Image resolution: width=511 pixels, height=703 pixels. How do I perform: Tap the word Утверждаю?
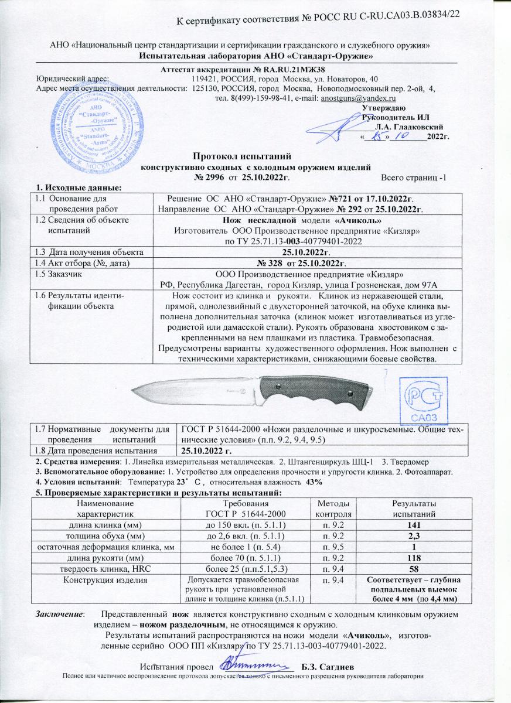tap(383, 108)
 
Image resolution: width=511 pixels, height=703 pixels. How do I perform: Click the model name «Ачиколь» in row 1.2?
tap(357, 221)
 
